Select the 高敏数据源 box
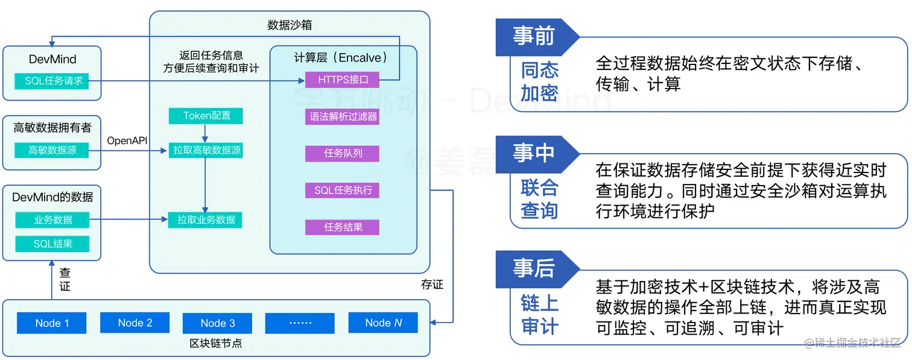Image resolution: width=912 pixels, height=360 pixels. (52, 150)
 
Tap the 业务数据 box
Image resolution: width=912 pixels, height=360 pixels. (52, 220)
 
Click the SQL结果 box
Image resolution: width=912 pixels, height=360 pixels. (52, 244)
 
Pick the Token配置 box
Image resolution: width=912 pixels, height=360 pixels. (207, 116)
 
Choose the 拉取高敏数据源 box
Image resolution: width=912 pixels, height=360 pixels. (207, 150)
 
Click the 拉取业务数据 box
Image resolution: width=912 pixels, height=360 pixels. (206, 220)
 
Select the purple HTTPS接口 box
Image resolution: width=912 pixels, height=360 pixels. (343, 80)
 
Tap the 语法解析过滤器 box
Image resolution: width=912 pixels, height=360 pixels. (343, 116)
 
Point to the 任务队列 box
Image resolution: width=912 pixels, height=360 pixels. (343, 153)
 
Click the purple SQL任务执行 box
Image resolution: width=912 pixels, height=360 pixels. (343, 191)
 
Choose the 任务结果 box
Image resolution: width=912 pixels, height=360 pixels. (343, 227)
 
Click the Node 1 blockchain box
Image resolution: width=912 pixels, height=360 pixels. (52, 323)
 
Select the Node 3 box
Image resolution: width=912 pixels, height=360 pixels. (218, 323)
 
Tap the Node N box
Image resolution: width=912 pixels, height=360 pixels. (384, 323)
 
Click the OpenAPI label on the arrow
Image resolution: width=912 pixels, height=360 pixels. (127, 141)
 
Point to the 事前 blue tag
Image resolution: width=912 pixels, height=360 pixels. (533, 36)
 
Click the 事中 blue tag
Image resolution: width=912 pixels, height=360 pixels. (533, 153)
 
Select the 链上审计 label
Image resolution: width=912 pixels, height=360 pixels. (540, 315)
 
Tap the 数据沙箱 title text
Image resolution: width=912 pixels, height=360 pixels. (290, 25)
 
